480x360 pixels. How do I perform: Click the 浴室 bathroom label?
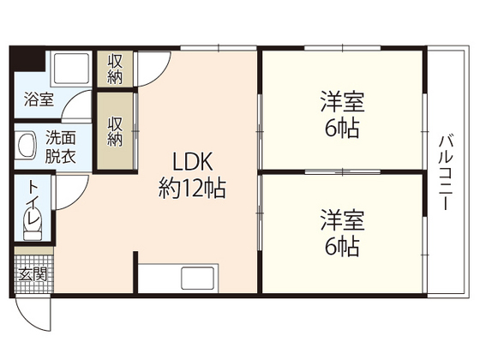(37, 99)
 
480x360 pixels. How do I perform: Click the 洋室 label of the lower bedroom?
(343, 220)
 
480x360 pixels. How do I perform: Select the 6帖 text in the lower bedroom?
(343, 246)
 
